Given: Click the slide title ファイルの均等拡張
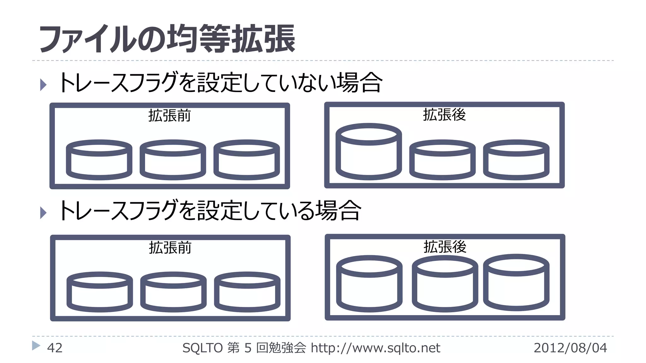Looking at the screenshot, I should click(x=167, y=39).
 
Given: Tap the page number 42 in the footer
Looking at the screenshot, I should click(x=55, y=348).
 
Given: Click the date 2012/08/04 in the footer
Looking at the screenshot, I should click(x=570, y=348).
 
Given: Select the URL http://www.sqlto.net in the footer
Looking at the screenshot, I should click(x=375, y=348).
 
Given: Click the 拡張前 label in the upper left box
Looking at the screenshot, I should click(x=169, y=115).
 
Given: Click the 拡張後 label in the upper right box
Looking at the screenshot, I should click(x=444, y=114).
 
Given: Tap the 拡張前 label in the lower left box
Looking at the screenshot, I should click(x=170, y=247).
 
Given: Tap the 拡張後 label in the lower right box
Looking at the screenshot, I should click(x=445, y=246).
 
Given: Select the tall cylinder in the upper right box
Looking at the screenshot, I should click(x=368, y=152).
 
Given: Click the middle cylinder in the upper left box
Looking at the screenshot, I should click(x=173, y=160).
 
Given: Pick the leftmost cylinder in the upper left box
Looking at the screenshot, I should click(x=99, y=160).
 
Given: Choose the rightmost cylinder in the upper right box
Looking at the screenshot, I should click(x=516, y=160).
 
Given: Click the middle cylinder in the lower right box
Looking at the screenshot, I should click(x=445, y=283).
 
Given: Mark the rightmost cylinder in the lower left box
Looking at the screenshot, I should click(x=247, y=292).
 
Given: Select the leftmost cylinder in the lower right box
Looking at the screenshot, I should click(x=369, y=284).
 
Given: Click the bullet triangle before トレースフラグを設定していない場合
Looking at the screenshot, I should click(x=44, y=85).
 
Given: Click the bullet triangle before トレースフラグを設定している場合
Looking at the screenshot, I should click(x=44, y=213).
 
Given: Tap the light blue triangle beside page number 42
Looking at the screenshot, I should click(x=36, y=346).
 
